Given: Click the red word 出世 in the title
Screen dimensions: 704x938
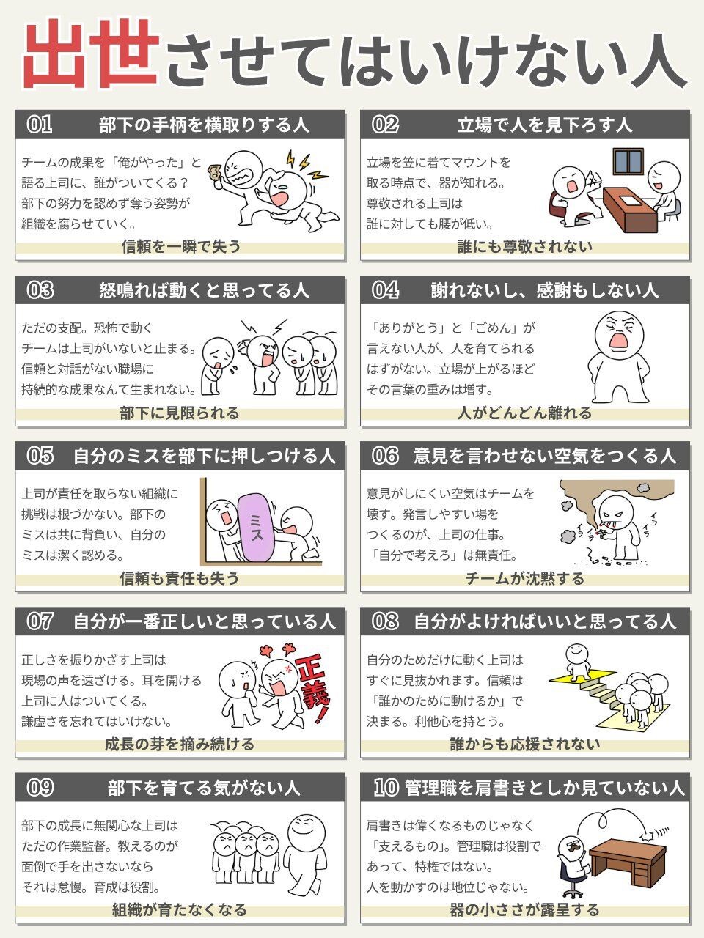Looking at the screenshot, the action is coord(92,55).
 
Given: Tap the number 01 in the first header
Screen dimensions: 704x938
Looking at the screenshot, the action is coord(40,125).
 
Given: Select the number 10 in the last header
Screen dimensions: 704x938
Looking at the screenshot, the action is coord(386,788).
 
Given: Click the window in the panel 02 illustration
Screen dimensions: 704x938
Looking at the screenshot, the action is coord(628,161).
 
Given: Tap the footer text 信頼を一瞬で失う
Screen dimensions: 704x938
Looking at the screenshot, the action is coord(181,246).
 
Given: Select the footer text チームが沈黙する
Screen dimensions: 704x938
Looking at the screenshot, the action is coord(524,579).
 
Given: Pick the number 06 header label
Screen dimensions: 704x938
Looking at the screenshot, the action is coord(385,456).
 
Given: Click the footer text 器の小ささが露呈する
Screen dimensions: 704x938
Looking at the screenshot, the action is coord(524,910).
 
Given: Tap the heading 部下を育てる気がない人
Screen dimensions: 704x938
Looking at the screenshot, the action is coord(204,788).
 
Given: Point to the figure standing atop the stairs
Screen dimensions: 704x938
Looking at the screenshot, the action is coord(577,664).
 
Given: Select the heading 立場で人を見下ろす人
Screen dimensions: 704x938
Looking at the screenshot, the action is coord(545,125).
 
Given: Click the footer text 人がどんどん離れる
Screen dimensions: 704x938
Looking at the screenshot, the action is coord(524,413).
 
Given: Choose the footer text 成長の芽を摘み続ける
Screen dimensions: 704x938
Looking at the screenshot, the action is coord(180,745).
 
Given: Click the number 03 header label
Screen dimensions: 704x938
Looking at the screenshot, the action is coord(40,291).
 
